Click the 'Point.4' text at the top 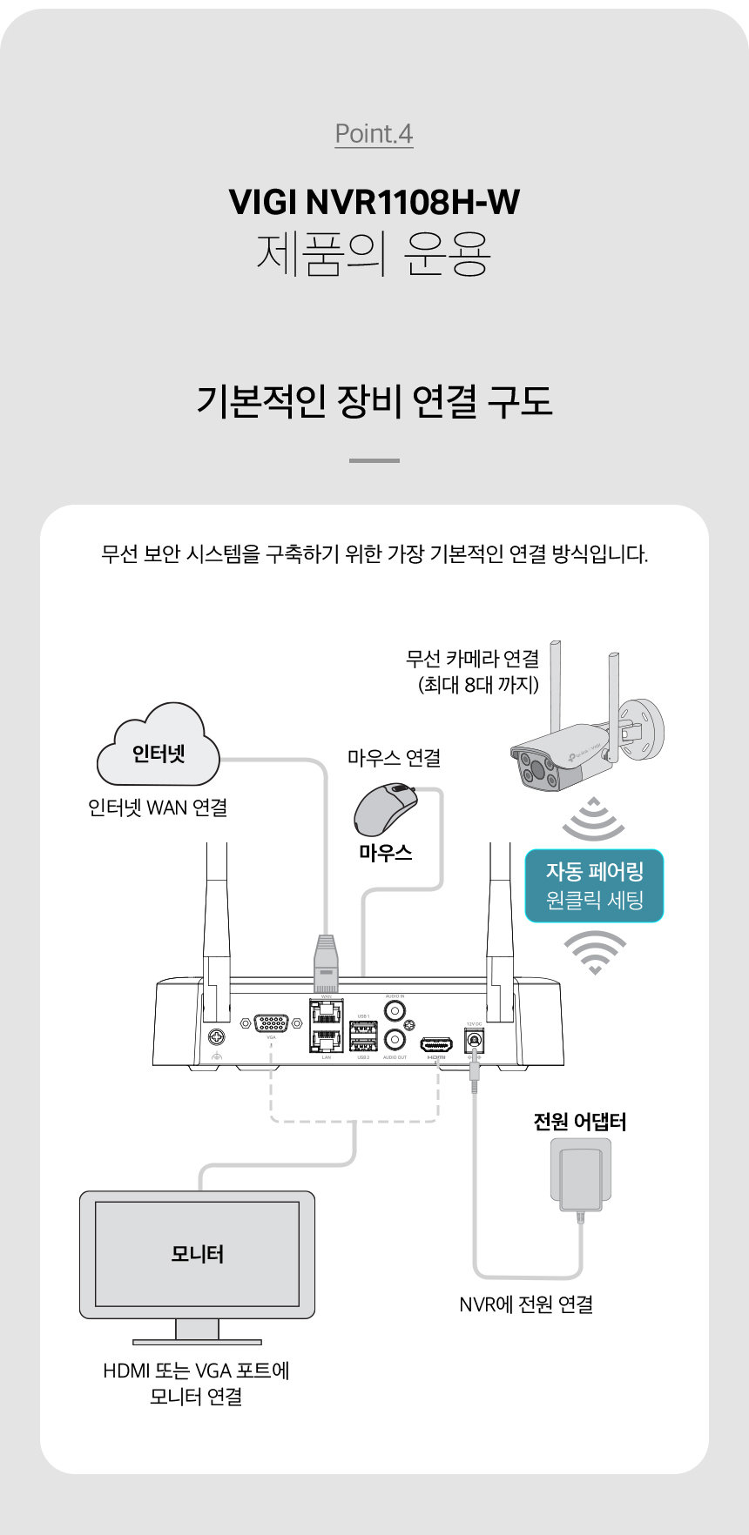tap(374, 134)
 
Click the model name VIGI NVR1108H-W tap(374, 202)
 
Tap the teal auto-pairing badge tap(594, 886)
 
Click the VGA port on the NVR tap(271, 1023)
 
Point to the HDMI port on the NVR tap(436, 1043)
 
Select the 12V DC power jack tap(475, 1040)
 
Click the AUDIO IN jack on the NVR tap(395, 1011)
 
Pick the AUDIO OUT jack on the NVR tap(395, 1040)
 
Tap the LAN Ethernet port tap(326, 1041)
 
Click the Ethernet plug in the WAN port tap(326, 964)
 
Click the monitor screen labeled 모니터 tap(197, 1253)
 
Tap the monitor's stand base tap(197, 1341)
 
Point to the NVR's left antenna tap(217, 922)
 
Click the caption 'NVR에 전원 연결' tap(526, 1304)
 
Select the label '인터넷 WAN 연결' tap(158, 808)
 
